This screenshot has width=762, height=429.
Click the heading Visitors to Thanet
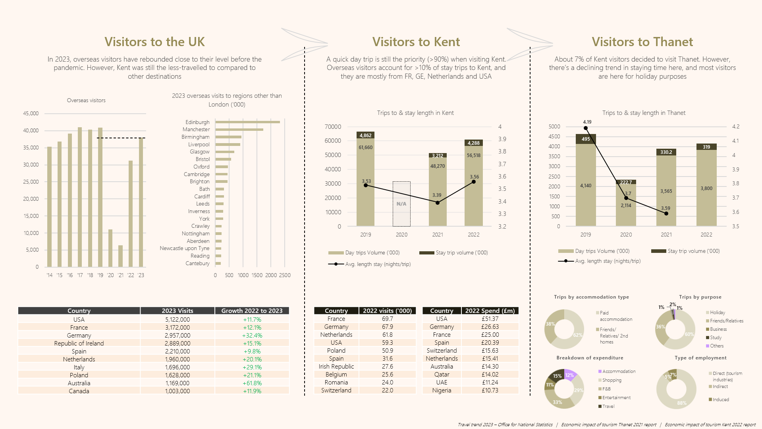[642, 42]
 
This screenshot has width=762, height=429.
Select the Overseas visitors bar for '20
[110, 248]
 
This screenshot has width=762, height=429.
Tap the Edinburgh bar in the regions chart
[247, 122]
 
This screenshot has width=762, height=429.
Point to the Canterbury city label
[197, 264]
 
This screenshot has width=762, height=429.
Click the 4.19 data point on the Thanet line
[586, 128]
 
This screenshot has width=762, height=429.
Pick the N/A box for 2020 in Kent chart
[401, 204]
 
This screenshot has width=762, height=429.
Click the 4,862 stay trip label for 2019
[365, 136]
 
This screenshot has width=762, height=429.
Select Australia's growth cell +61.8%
[252, 383]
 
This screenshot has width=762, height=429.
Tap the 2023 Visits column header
[177, 311]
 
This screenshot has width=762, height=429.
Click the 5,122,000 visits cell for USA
[177, 320]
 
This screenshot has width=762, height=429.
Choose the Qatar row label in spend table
[442, 375]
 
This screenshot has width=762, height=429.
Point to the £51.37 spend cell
[490, 319]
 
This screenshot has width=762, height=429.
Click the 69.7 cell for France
[387, 319]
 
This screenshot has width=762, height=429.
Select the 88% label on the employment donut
[681, 403]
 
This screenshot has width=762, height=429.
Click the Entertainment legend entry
[616, 398]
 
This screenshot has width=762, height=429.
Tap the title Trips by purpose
[700, 297]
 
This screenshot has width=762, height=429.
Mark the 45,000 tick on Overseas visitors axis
[31, 113]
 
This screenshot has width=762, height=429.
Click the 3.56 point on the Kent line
[474, 182]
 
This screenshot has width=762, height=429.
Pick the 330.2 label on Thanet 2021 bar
[666, 152]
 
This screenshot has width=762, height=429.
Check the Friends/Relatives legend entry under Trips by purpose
[726, 321]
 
